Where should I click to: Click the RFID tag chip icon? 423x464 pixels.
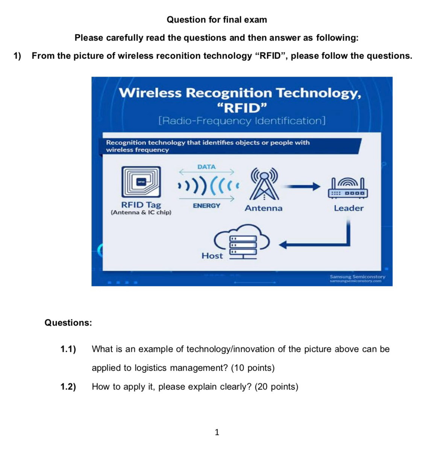(141, 182)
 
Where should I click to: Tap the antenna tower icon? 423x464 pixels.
(264, 184)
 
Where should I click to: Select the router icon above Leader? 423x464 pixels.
(348, 188)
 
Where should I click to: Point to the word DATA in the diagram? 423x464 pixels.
(206, 167)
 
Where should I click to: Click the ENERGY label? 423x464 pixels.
(206, 206)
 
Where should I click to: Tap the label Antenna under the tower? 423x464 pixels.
(263, 208)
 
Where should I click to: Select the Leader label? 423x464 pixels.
(349, 208)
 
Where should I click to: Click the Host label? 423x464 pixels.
(212, 256)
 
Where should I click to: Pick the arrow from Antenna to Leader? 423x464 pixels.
(301, 186)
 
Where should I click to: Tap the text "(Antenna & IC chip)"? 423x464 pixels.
(141, 212)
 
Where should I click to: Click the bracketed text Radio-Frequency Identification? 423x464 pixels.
(242, 121)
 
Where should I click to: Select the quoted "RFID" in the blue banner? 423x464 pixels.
(242, 108)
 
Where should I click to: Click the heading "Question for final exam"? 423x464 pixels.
(217, 20)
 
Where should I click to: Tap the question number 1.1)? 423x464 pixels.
(68, 349)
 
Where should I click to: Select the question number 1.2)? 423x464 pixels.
(68, 387)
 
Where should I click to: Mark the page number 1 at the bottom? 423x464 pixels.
(217, 432)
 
